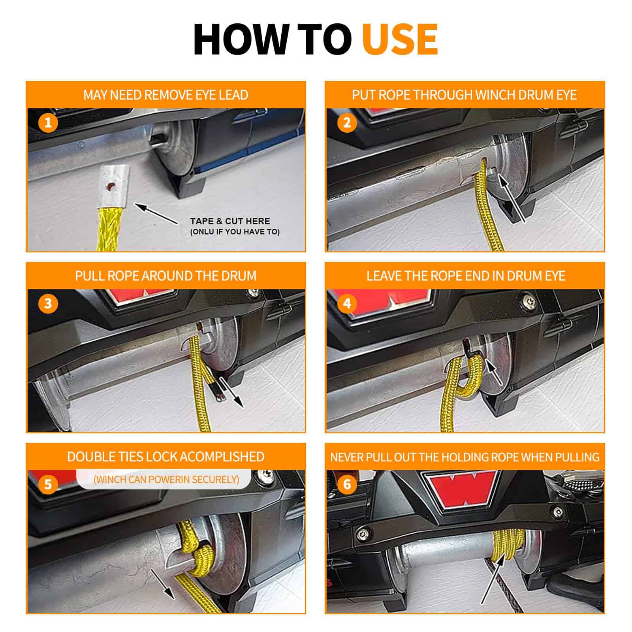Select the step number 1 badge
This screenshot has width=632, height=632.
coord(48,122)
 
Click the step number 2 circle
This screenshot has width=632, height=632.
coord(347,122)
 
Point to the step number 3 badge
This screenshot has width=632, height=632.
coord(48,303)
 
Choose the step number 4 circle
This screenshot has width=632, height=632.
coord(347,303)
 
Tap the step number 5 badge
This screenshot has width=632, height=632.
coord(48,484)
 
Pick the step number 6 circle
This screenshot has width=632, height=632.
coord(347,484)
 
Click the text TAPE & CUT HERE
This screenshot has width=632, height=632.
coord(230,221)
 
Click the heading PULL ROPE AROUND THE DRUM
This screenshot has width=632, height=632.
coord(166,276)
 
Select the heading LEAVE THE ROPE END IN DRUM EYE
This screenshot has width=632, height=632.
coord(466,276)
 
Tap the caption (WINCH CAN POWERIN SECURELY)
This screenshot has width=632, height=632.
coord(166,480)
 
